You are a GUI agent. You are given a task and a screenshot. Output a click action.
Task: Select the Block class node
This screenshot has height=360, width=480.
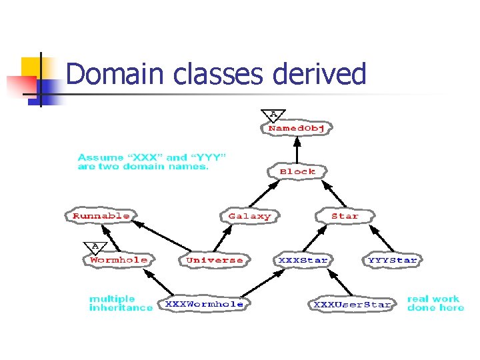[297, 171]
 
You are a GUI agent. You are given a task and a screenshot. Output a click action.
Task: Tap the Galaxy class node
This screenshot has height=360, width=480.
[249, 216]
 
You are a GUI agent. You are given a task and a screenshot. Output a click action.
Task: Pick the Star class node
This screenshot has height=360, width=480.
[345, 216]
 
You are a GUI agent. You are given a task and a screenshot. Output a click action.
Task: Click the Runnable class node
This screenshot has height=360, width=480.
[101, 216]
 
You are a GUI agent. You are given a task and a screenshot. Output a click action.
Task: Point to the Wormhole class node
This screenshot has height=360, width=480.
[119, 260]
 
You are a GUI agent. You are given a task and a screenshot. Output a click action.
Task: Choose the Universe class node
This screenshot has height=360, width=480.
[215, 260]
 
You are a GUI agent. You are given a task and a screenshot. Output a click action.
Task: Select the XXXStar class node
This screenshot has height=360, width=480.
[303, 260]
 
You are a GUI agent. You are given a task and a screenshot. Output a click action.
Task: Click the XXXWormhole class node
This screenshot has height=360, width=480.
[204, 304]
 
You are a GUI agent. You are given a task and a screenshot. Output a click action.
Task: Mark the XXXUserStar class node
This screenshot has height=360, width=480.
[353, 305]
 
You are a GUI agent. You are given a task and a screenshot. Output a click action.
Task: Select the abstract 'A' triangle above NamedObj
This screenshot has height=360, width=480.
[273, 115]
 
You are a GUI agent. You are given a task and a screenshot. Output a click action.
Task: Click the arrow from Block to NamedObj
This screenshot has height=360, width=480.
[297, 149]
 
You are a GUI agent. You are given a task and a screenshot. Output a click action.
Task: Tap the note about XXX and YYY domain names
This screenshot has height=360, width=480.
[152, 162]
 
